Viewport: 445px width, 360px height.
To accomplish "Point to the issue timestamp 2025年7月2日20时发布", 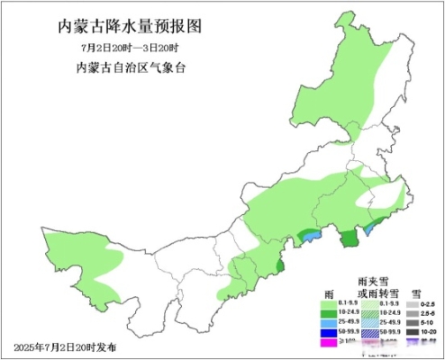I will pyautogui.click(x=65, y=346).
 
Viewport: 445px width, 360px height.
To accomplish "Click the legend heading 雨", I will pyautogui.click(x=330, y=293).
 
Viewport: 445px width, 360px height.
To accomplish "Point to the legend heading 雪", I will pyautogui.click(x=416, y=293).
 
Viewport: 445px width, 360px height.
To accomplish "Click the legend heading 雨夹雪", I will pyautogui.click(x=373, y=282).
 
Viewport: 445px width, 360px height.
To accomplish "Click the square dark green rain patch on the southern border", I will pyautogui.click(x=348, y=238).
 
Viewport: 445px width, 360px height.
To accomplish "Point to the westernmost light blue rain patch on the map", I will pyautogui.click(x=306, y=237).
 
